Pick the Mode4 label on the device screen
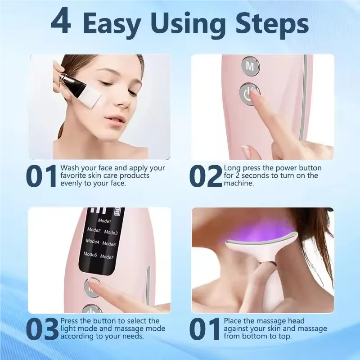tap(92, 242)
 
